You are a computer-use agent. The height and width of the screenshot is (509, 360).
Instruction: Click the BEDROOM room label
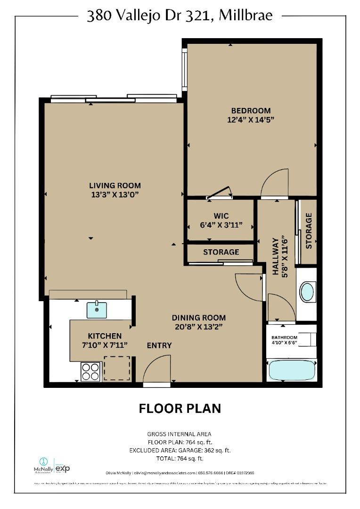250,111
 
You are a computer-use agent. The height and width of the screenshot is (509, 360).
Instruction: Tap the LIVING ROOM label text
115,185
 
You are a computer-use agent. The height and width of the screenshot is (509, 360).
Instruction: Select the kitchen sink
97,310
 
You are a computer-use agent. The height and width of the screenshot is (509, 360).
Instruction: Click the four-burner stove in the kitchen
91,371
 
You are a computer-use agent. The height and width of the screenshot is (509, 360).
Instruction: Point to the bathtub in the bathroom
292,371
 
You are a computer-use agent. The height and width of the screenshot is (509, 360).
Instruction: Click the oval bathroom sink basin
307,292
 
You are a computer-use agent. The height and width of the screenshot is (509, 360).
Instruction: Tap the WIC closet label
221,216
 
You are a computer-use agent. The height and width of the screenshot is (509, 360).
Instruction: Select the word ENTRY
159,345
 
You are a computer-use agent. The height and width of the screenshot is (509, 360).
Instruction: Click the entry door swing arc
156,368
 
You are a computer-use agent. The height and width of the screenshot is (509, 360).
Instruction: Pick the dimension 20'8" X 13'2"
198,326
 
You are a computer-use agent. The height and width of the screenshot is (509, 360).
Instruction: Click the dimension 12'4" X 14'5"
250,120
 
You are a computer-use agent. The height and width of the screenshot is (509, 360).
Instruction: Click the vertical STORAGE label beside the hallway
309,231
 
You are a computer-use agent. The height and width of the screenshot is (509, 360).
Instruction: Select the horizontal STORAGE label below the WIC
221,252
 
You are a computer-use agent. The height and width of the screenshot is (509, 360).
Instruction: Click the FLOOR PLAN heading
180,408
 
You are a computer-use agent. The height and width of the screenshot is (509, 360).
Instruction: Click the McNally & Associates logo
43,466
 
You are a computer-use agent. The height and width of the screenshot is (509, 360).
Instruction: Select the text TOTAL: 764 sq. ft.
180,458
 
